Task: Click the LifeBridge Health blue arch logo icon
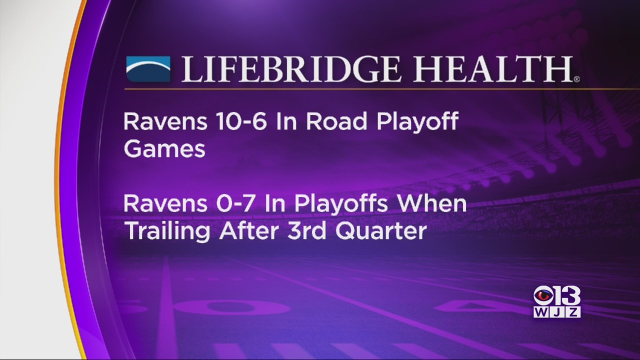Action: (x=148, y=69)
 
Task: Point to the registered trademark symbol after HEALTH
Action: (x=576, y=79)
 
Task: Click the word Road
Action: (x=336, y=121)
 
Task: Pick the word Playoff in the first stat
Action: (x=417, y=123)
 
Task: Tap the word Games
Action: (x=164, y=149)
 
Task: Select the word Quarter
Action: (x=381, y=231)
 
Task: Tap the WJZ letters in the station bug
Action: (x=557, y=312)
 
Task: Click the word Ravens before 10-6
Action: (x=165, y=121)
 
